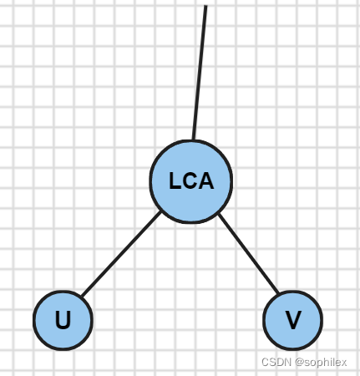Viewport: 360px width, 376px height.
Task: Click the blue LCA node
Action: point(191,181)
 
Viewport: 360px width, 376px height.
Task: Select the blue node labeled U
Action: point(63,320)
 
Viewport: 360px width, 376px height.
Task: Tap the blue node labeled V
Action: point(293,320)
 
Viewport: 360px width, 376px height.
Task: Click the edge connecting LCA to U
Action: point(121,254)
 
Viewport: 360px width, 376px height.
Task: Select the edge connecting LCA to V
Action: point(249,254)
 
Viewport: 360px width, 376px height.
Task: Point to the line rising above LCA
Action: point(200,73)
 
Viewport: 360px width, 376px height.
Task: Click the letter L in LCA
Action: point(175,181)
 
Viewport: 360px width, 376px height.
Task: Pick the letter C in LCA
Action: point(190,181)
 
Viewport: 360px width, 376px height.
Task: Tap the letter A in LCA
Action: point(206,181)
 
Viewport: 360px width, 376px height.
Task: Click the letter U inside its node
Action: point(63,320)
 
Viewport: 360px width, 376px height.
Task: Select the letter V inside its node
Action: point(293,320)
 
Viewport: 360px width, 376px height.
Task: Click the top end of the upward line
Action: point(205,6)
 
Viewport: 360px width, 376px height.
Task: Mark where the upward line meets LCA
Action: point(193,140)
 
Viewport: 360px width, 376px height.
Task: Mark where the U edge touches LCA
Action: point(160,212)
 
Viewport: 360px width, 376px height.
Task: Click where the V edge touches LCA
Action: point(219,214)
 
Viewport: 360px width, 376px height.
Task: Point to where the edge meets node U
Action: point(82,296)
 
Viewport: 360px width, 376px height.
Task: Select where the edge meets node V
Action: point(278,293)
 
